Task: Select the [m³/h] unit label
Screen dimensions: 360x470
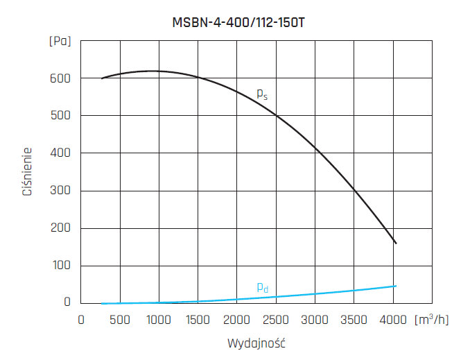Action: point(431,320)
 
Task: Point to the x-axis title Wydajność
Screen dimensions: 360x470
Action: point(256,343)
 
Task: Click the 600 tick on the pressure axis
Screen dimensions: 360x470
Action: point(61,78)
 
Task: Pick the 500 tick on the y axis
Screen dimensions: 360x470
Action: point(61,115)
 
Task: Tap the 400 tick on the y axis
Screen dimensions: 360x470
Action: point(61,153)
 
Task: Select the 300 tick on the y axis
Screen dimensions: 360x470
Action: point(61,191)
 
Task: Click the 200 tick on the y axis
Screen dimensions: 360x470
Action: point(61,228)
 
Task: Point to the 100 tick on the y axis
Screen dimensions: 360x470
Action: point(61,266)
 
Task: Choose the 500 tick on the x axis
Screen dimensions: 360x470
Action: point(121,320)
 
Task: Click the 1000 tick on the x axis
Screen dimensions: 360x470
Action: point(159,320)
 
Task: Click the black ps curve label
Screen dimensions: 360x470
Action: point(262,94)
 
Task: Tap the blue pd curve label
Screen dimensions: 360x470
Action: point(262,287)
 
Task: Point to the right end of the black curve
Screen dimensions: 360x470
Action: point(396,243)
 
